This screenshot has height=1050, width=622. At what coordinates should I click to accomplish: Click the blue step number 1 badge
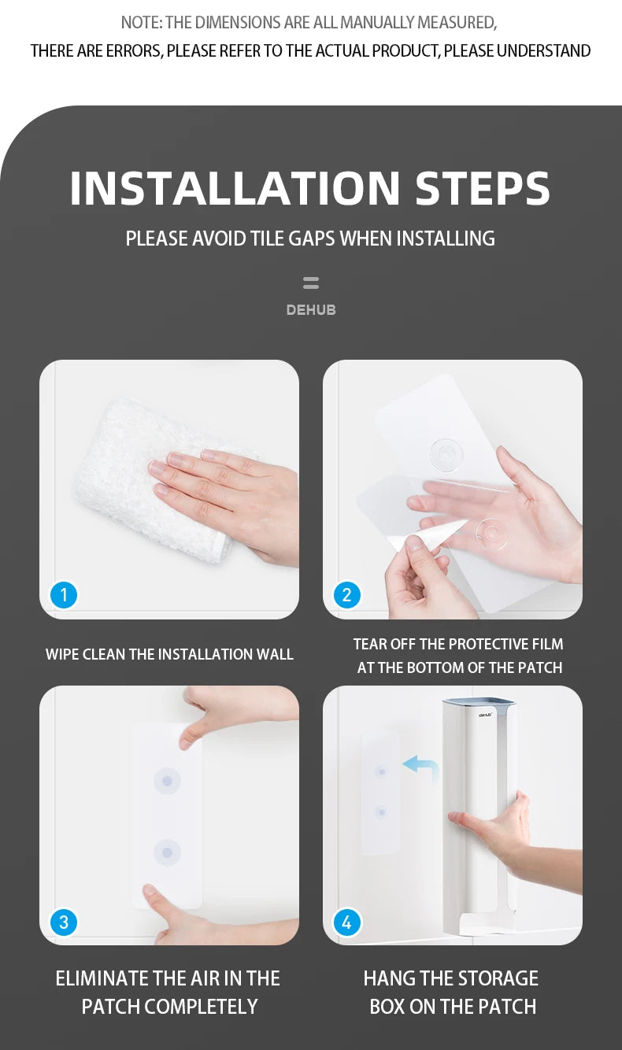click(64, 595)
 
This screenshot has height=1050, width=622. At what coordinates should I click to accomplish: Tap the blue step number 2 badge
click(347, 595)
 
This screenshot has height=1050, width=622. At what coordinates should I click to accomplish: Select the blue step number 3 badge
click(64, 922)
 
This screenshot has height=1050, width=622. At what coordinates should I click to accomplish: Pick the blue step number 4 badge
click(347, 922)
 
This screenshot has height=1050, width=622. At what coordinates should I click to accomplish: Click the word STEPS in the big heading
click(483, 188)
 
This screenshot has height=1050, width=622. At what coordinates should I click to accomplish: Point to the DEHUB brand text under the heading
click(311, 310)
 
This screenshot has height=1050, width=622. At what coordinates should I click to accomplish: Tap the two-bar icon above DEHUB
click(311, 283)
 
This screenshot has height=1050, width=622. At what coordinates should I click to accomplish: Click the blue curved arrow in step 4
click(422, 766)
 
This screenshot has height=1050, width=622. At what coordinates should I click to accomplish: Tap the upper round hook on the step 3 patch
click(168, 781)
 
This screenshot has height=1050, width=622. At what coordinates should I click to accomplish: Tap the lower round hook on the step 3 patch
click(168, 852)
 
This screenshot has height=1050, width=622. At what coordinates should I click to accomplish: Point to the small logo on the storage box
click(485, 715)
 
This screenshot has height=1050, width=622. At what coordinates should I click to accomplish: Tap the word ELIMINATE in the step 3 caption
click(102, 978)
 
